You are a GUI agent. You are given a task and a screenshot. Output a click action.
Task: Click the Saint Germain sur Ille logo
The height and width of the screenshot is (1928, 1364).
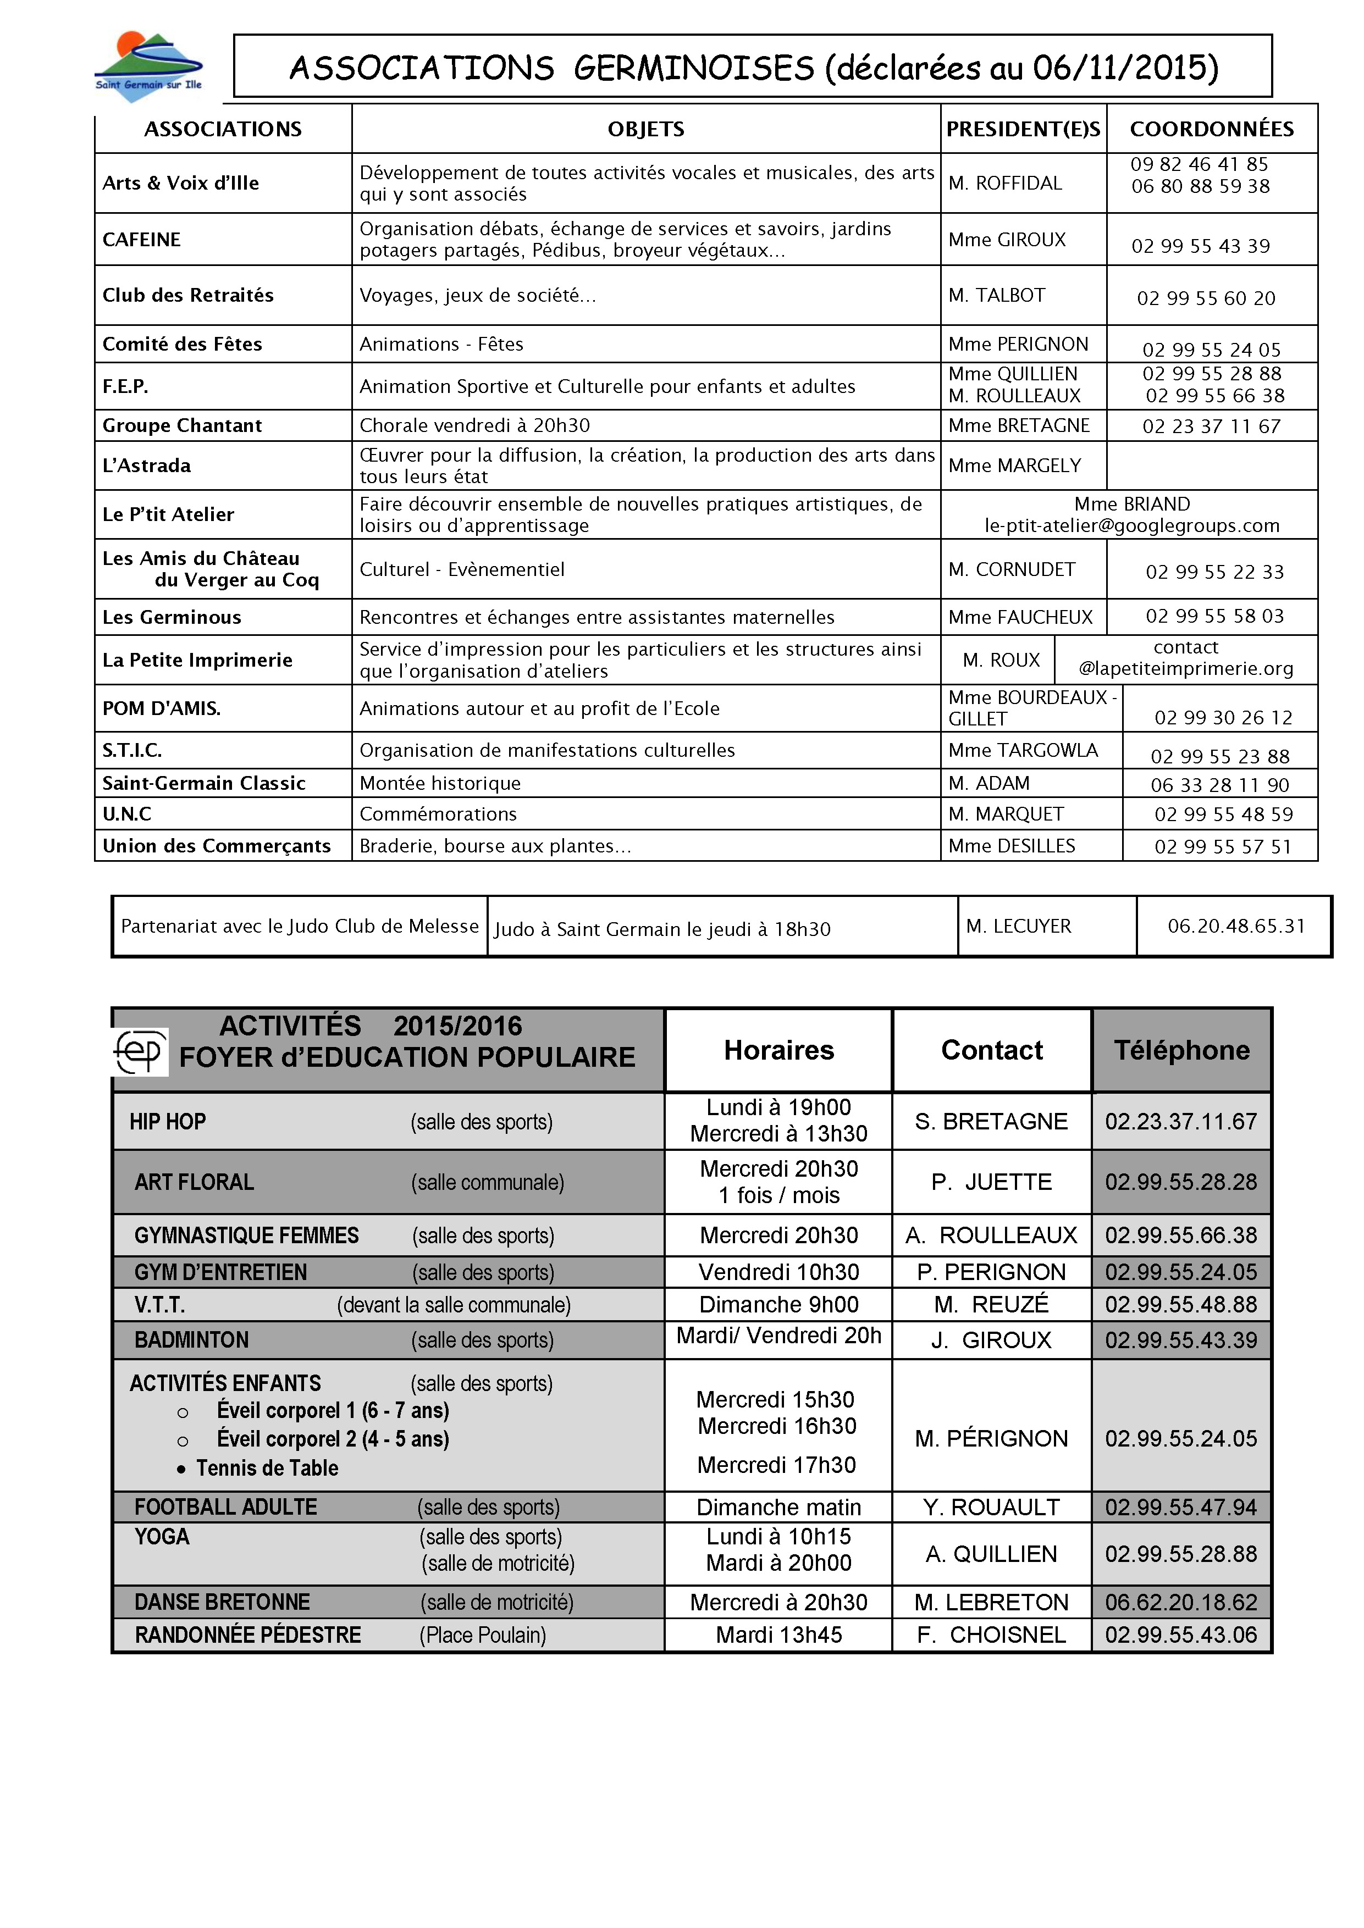pos(148,67)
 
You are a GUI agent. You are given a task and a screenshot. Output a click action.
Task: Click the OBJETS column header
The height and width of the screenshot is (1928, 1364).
pos(646,129)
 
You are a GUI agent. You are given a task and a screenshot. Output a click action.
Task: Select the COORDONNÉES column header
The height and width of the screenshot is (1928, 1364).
pos(1211,129)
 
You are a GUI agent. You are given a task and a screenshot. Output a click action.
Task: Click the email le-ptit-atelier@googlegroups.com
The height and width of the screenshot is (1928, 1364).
pos(1131,525)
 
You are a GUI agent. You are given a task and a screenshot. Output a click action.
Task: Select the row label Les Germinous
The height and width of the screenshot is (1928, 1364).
pos(172,617)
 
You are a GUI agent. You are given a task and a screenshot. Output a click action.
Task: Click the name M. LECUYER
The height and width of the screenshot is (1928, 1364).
pos(1018,926)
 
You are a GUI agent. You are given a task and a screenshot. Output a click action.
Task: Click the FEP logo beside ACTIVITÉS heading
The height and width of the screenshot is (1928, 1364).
pos(140,1050)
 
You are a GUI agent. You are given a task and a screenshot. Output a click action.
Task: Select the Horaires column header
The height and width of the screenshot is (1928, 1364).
pos(778,1050)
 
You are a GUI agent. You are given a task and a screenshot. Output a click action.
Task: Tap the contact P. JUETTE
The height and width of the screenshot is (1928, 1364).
pos(991,1182)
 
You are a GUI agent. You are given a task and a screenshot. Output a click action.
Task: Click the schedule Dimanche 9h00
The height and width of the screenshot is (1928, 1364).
pos(778,1305)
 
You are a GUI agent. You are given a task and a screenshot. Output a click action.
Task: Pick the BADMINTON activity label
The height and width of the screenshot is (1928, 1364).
pos(191,1340)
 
